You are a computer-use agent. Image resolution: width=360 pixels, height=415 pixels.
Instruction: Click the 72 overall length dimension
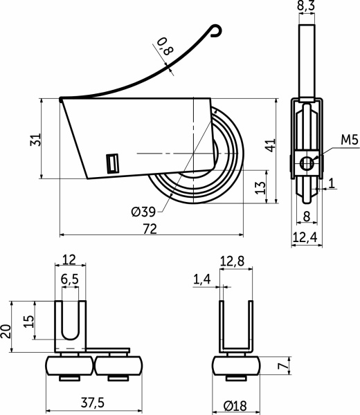[150, 229]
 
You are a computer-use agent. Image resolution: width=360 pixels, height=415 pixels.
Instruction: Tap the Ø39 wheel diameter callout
[143, 212]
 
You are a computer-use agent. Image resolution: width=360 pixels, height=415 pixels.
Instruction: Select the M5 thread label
[350, 140]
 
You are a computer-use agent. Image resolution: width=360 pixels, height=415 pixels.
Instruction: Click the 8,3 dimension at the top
[306, 6]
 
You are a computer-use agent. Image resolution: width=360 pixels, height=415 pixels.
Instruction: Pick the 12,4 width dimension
[305, 237]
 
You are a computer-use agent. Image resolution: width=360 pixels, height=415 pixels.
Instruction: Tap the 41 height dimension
[271, 145]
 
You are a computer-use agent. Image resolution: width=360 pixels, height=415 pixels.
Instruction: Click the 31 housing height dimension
[35, 140]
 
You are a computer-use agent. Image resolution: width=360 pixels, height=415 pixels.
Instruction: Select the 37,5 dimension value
[93, 403]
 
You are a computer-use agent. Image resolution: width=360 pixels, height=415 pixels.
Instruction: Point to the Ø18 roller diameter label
[235, 405]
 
